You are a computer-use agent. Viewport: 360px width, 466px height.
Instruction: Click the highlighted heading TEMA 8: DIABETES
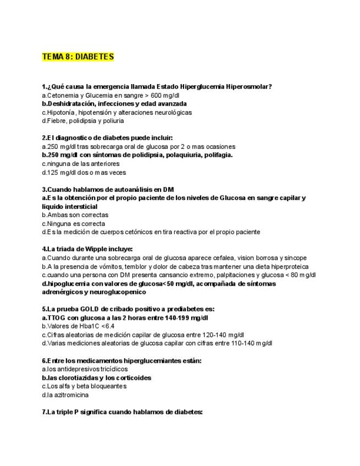(77, 57)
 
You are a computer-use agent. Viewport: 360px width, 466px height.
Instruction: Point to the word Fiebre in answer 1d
(57, 120)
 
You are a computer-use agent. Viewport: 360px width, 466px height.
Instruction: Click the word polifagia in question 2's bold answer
(217, 155)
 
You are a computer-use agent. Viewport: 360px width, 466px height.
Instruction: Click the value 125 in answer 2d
(52, 172)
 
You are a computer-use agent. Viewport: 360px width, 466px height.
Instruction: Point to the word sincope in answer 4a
(295, 258)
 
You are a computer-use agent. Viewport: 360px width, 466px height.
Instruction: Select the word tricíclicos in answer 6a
(109, 369)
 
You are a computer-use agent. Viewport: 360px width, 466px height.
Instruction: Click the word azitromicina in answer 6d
(67, 395)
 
